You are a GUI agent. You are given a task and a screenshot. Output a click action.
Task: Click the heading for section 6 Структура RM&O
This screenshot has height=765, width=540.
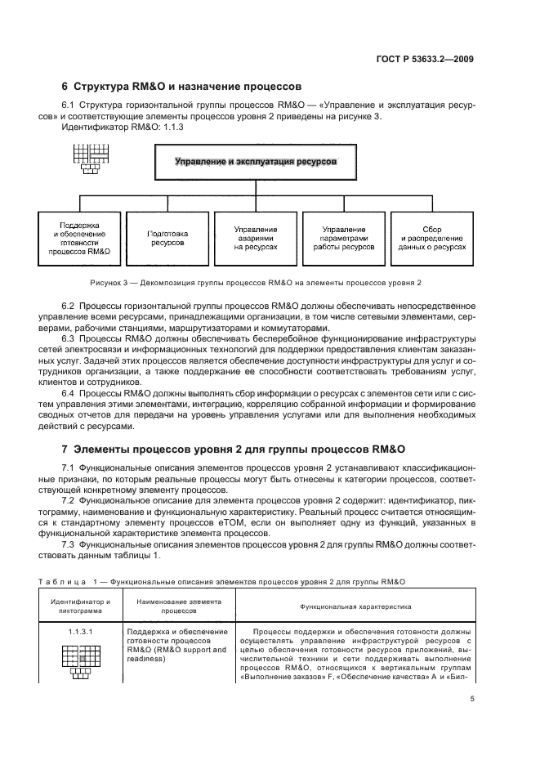[181, 87]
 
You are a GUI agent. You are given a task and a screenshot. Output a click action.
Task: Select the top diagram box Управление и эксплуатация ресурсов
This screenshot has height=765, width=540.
[256, 162]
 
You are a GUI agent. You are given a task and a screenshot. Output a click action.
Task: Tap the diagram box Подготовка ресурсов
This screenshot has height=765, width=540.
[167, 238]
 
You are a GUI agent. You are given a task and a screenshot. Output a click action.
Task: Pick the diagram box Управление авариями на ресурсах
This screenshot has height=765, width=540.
[256, 238]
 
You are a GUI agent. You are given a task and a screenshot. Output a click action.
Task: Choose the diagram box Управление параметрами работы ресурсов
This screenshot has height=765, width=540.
[343, 238]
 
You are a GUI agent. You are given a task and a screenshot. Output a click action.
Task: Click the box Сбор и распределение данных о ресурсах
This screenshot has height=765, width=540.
[432, 238]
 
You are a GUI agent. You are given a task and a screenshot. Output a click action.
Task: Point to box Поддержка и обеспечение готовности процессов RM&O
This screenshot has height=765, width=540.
[79, 238]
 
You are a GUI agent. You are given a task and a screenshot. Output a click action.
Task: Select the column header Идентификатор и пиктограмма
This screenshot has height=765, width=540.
[80, 606]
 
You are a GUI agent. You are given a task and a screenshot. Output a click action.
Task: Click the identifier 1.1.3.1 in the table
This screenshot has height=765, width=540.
[80, 632]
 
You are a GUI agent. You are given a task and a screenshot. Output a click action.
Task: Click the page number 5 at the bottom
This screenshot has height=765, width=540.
[471, 696]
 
